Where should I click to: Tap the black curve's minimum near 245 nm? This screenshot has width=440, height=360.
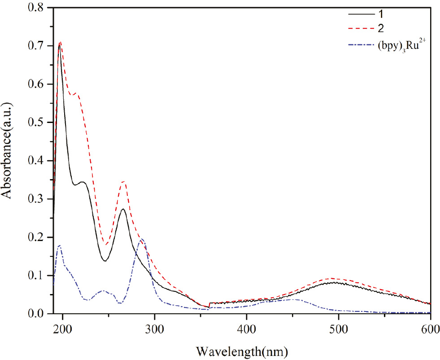105,261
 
